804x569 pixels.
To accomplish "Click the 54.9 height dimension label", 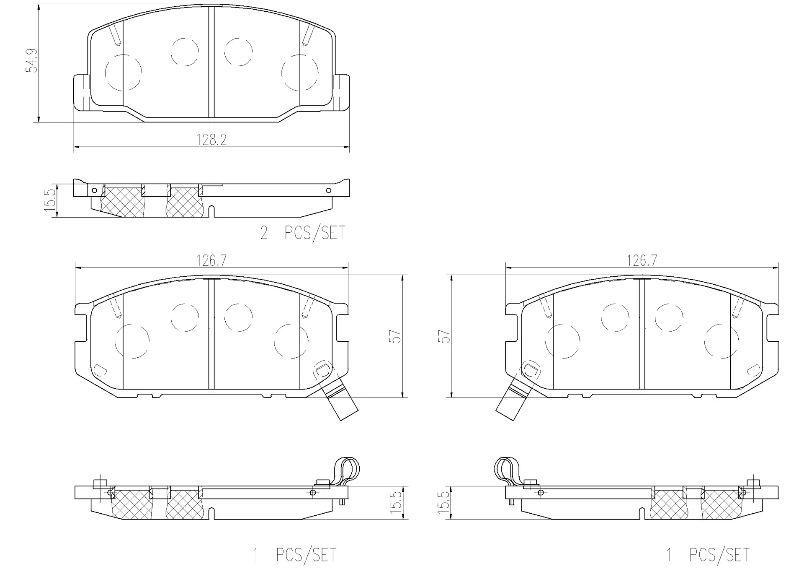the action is click(32, 61).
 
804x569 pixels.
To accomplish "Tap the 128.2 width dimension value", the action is click(211, 140).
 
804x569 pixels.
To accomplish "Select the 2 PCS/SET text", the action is click(303, 233).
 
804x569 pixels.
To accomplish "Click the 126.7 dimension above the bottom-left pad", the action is click(211, 261).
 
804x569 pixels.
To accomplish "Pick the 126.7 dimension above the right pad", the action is click(642, 261).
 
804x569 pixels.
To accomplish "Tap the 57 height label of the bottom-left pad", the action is click(395, 336).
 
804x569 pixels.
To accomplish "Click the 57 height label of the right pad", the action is click(444, 336).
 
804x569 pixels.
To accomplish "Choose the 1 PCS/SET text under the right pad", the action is click(708, 555).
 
